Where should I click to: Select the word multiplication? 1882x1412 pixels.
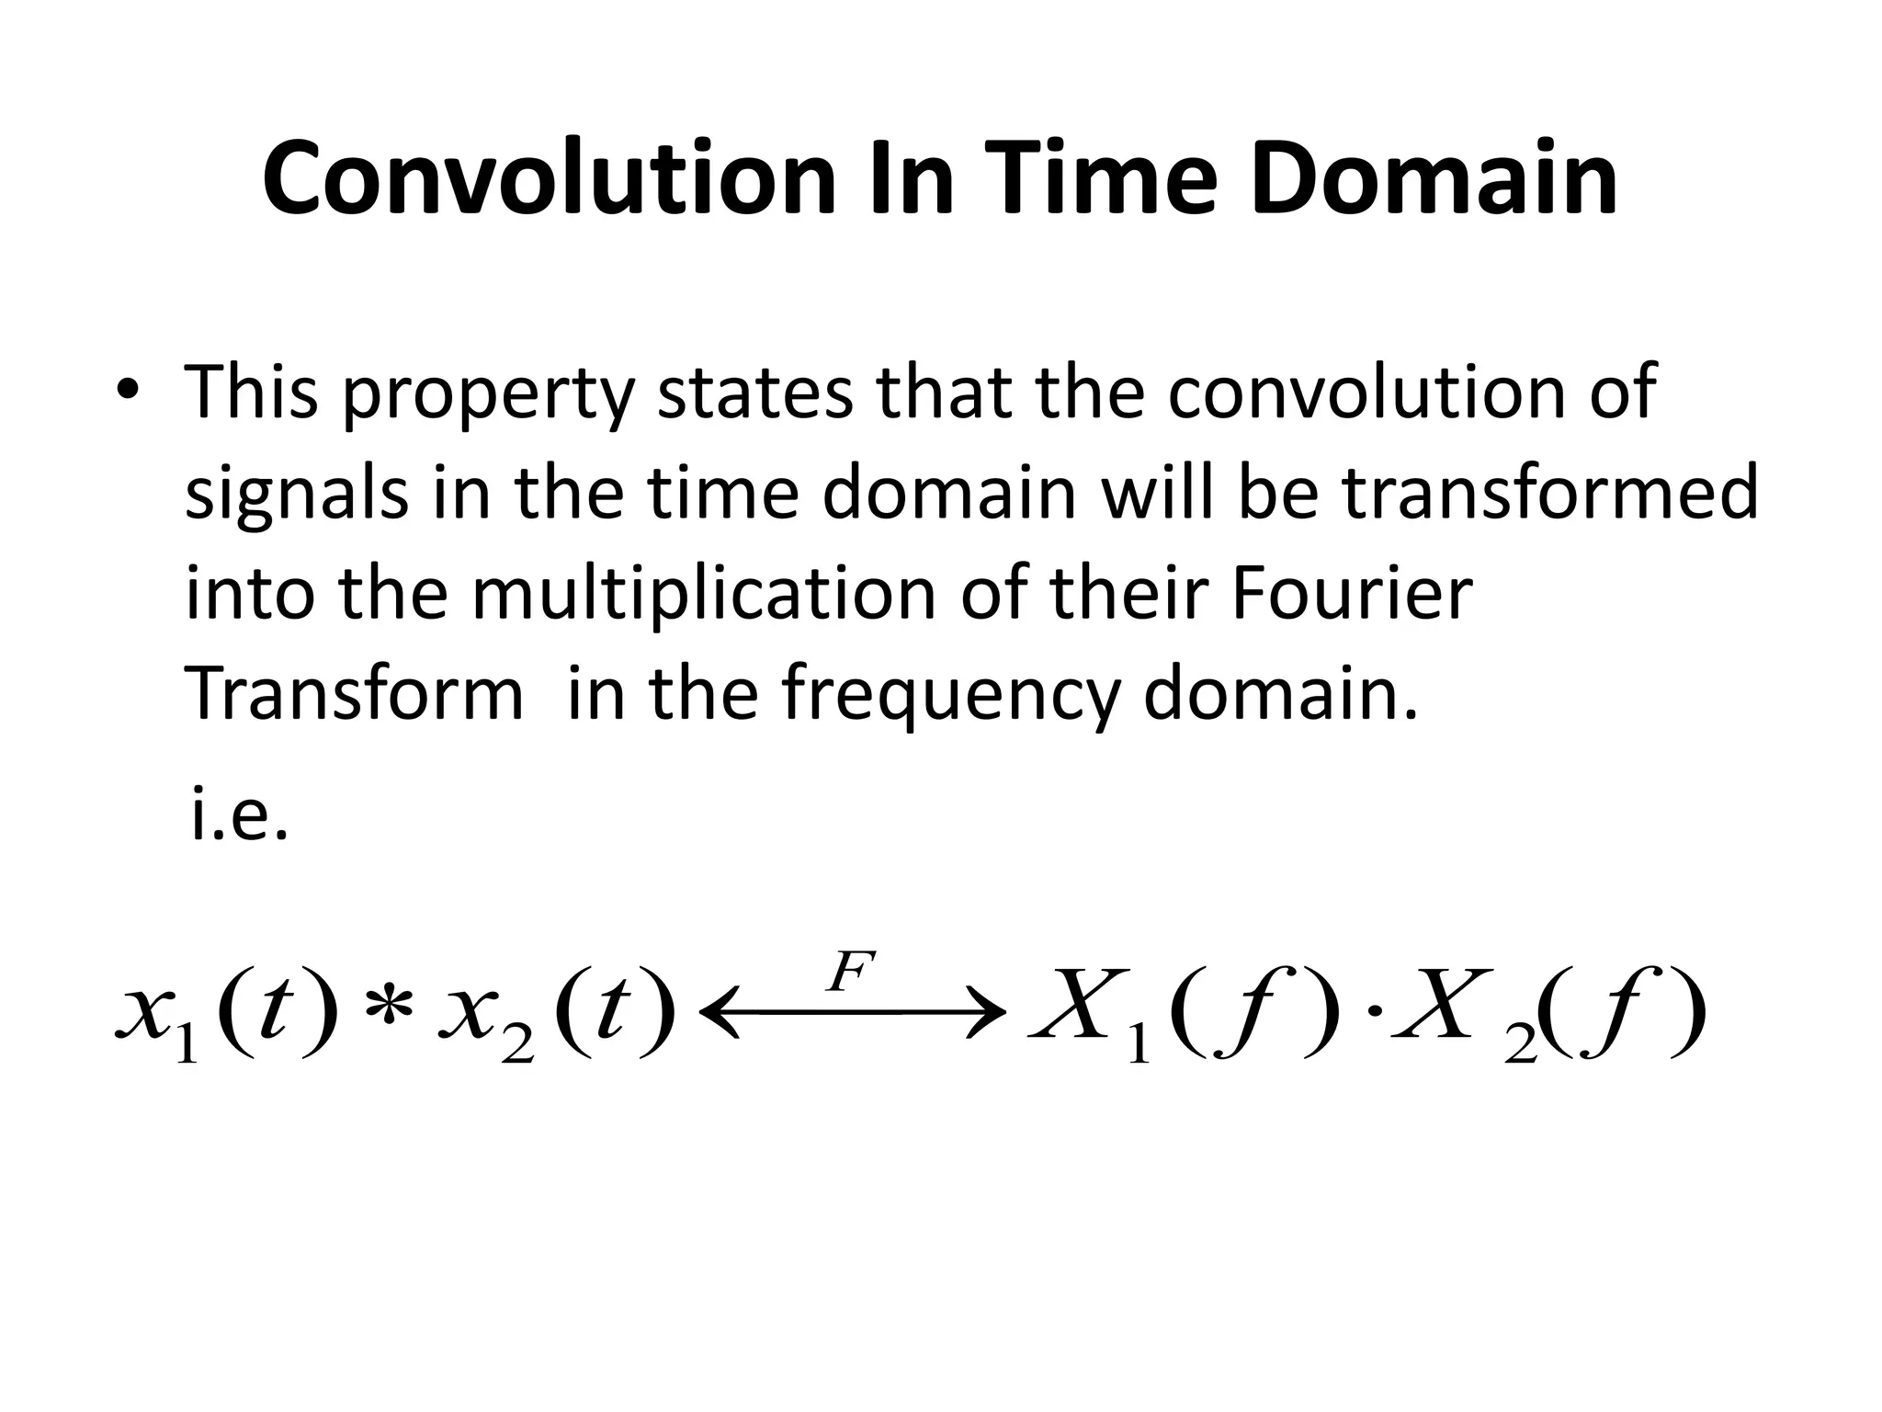click(x=706, y=593)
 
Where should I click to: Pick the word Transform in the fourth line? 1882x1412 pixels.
click(x=355, y=694)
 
